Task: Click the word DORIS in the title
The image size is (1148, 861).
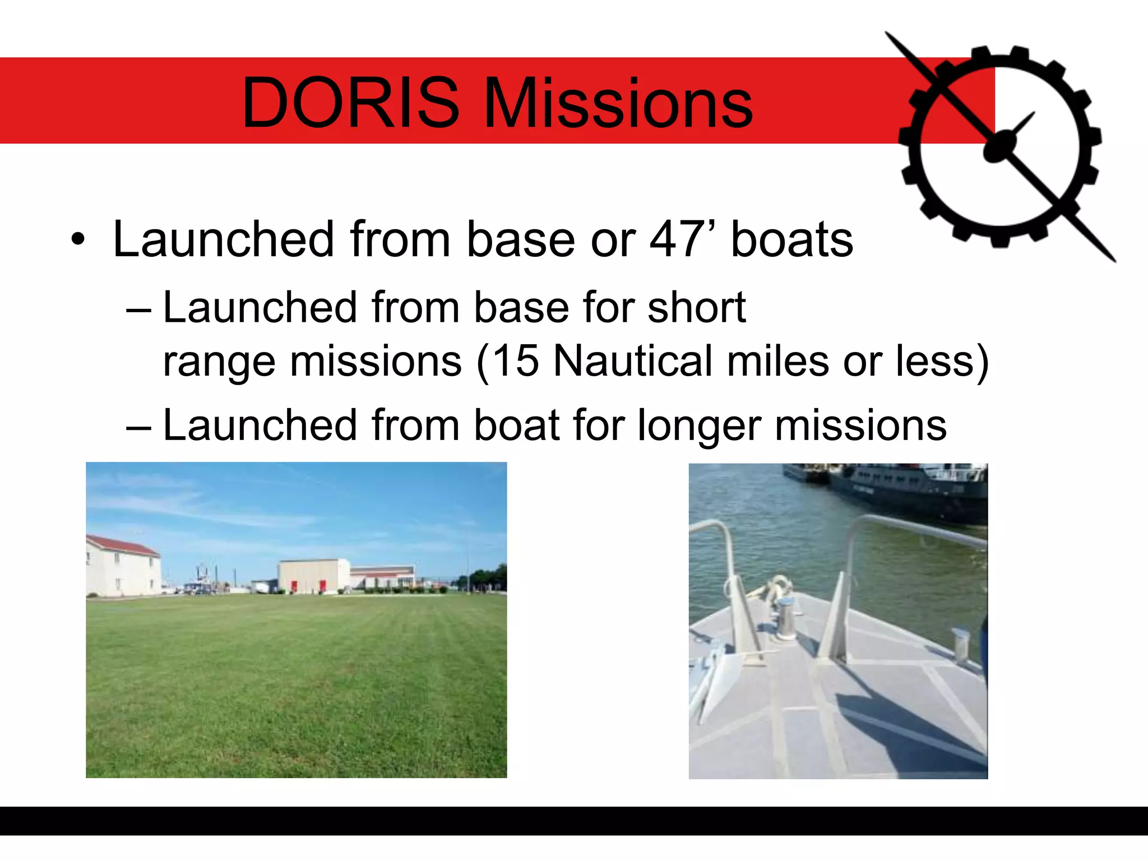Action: click(x=350, y=103)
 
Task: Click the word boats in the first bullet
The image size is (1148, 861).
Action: click(x=791, y=240)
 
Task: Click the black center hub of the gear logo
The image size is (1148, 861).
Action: click(x=999, y=147)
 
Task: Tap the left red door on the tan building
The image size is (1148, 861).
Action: click(x=294, y=587)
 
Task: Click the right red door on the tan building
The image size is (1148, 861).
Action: click(x=322, y=587)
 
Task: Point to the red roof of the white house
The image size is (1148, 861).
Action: click(x=122, y=545)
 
